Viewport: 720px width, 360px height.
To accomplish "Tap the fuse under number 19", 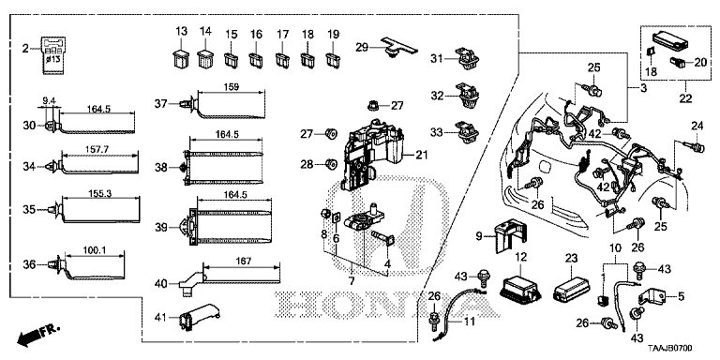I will (x=332, y=66).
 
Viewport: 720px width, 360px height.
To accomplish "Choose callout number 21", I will (x=421, y=155).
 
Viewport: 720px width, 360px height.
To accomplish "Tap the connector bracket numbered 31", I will (x=463, y=61).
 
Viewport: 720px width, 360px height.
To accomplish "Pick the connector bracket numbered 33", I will (x=465, y=131).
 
